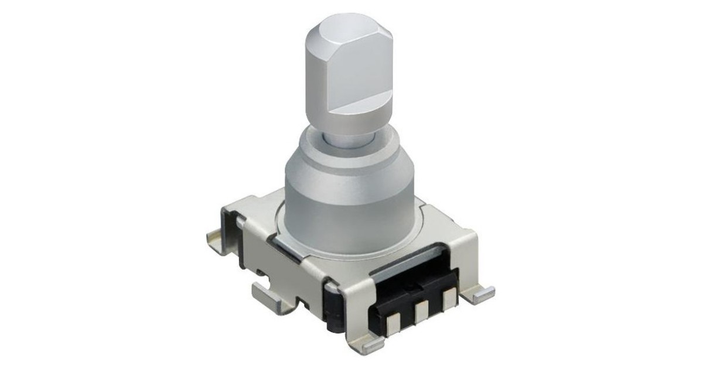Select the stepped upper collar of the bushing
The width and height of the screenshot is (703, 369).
(346, 152)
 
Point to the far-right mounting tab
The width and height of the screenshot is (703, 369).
(482, 293)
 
